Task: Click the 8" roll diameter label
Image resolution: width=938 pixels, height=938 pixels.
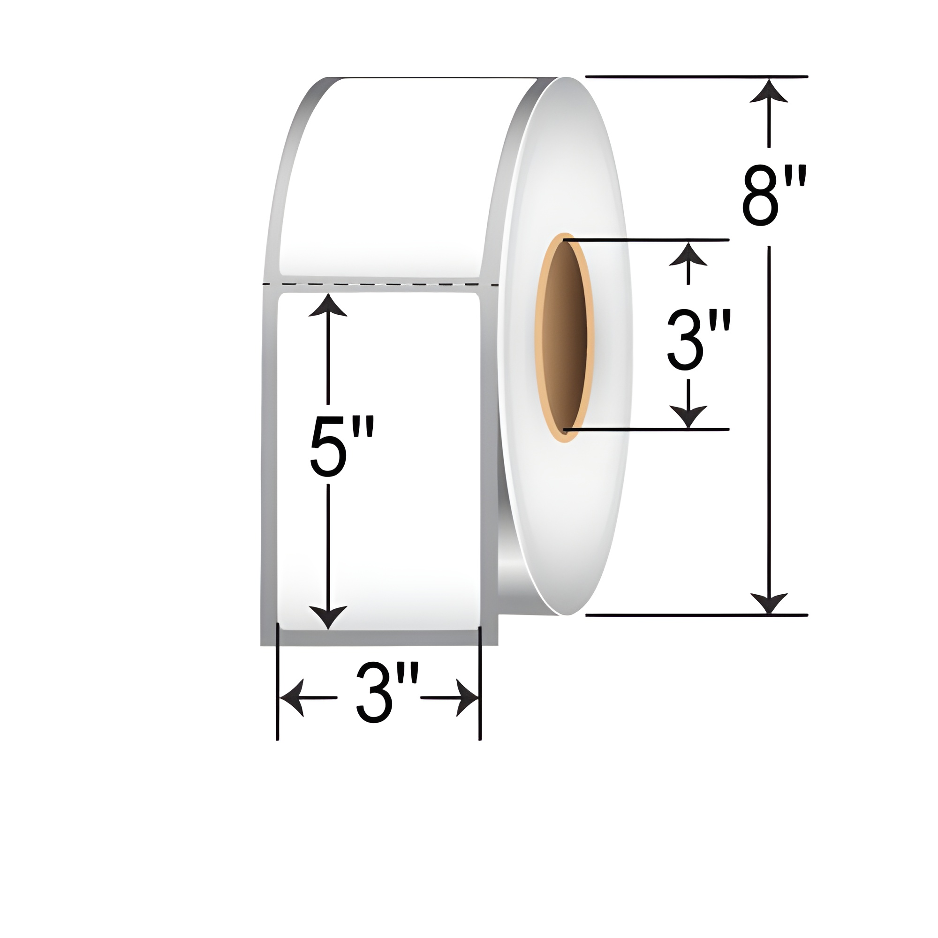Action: (x=774, y=195)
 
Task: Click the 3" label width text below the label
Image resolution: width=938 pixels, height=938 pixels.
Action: (x=380, y=698)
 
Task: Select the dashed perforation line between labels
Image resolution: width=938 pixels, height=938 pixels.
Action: (x=378, y=283)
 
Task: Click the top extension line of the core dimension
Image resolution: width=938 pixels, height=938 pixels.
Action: (x=646, y=240)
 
